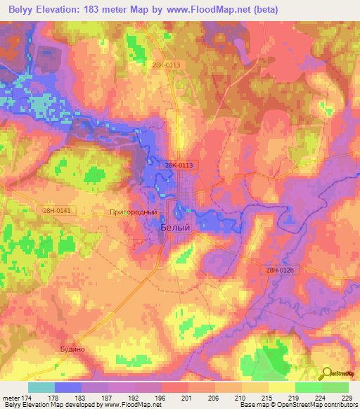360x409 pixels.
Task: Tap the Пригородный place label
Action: (132, 211)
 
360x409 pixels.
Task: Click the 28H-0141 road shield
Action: (57, 209)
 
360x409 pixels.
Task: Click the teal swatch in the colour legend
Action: (41, 387)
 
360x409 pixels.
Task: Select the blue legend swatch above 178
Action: (67, 387)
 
